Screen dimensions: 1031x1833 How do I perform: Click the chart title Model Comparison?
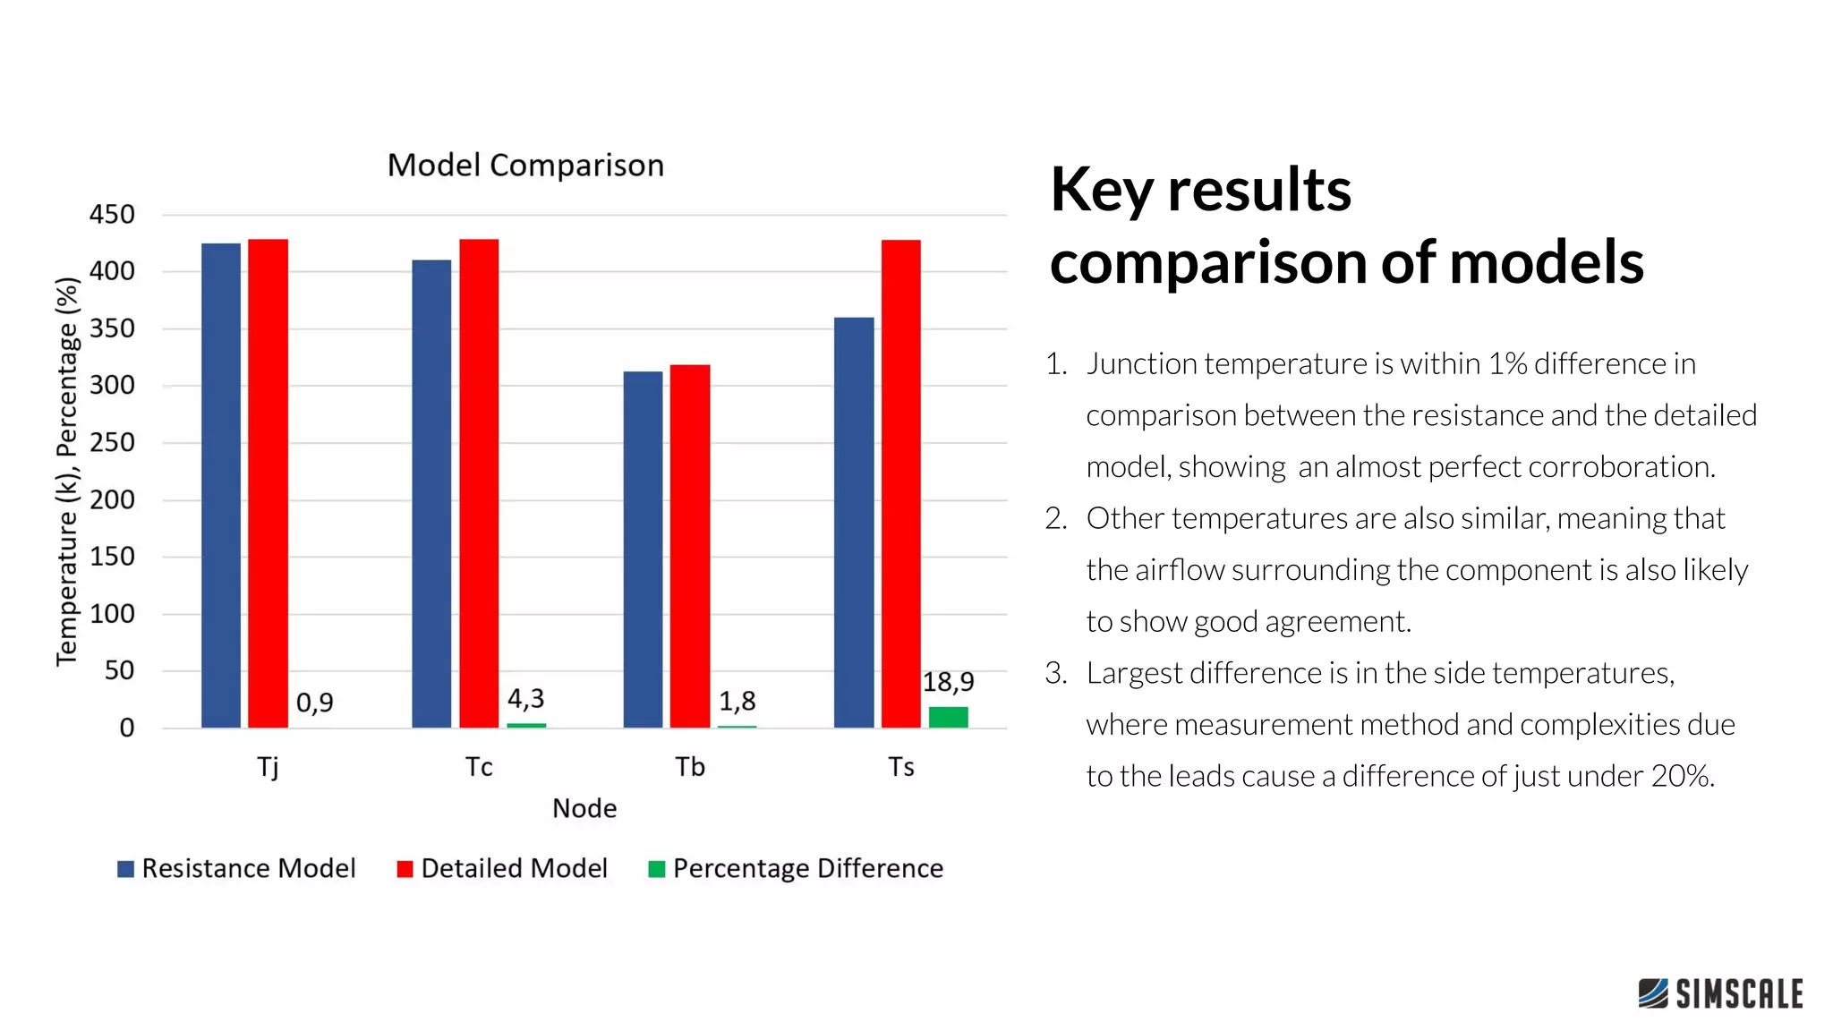pos(525,166)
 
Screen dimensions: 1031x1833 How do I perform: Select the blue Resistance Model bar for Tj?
pos(221,484)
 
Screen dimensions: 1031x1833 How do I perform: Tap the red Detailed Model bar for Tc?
pos(479,482)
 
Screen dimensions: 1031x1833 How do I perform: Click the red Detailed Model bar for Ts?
pos(900,483)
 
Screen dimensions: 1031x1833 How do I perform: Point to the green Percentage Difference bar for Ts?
pos(948,717)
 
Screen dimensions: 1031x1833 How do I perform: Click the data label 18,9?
pos(948,683)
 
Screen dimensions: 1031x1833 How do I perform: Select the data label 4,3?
pos(525,698)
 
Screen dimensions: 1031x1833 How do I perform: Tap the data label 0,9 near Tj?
pos(314,703)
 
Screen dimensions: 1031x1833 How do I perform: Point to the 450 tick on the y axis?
pos(112,215)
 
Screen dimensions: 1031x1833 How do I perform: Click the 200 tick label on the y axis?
pos(112,499)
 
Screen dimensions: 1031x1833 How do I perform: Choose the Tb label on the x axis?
pos(690,767)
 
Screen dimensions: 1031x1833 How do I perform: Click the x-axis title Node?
pos(584,808)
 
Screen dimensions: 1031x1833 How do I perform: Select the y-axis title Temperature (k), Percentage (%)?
pos(67,472)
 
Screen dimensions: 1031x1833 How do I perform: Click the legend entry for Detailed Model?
pos(513,868)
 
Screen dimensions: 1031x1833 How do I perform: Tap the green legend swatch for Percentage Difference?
pos(656,869)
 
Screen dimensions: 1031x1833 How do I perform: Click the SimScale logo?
pos(1720,993)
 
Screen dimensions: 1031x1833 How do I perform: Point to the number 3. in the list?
pos(1056,673)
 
